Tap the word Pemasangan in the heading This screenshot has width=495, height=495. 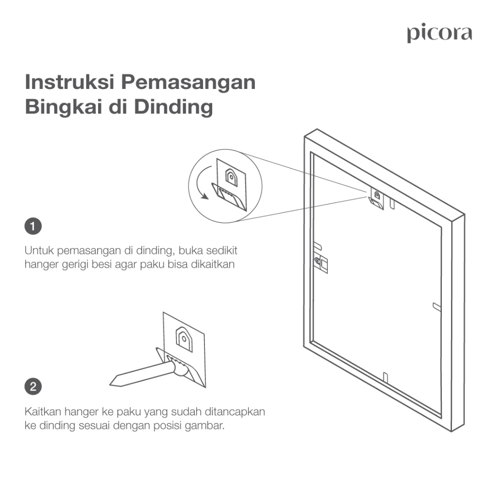click(188, 83)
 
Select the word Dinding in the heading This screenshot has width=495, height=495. click(174, 107)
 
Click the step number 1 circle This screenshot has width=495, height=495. click(33, 226)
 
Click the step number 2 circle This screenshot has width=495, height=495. click(33, 386)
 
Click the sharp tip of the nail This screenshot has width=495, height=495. click(111, 384)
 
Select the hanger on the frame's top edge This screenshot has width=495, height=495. click(376, 199)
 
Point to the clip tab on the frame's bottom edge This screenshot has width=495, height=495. click(385, 377)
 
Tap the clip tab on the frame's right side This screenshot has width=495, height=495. click(437, 306)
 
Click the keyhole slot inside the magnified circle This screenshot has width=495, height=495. click(232, 177)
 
